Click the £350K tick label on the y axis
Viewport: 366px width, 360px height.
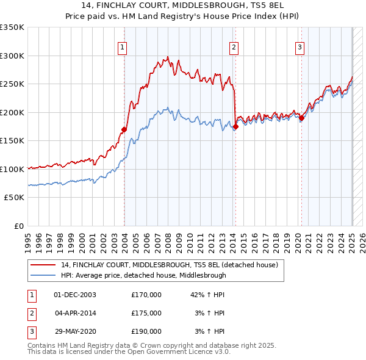[x=12, y=27]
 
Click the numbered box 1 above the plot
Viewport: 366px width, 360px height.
[x=123, y=47]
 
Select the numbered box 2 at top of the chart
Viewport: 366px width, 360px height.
[x=234, y=47]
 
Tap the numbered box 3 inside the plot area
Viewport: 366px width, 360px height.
[x=300, y=47]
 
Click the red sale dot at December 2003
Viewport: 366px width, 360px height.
[x=124, y=129]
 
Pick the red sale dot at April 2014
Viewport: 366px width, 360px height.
[x=235, y=127]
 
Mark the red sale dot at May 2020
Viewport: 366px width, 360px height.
[x=301, y=118]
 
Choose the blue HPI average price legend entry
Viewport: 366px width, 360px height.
[x=143, y=275]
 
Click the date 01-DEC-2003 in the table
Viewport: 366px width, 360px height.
[x=75, y=295]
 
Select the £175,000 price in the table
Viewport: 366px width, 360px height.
[x=146, y=313]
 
